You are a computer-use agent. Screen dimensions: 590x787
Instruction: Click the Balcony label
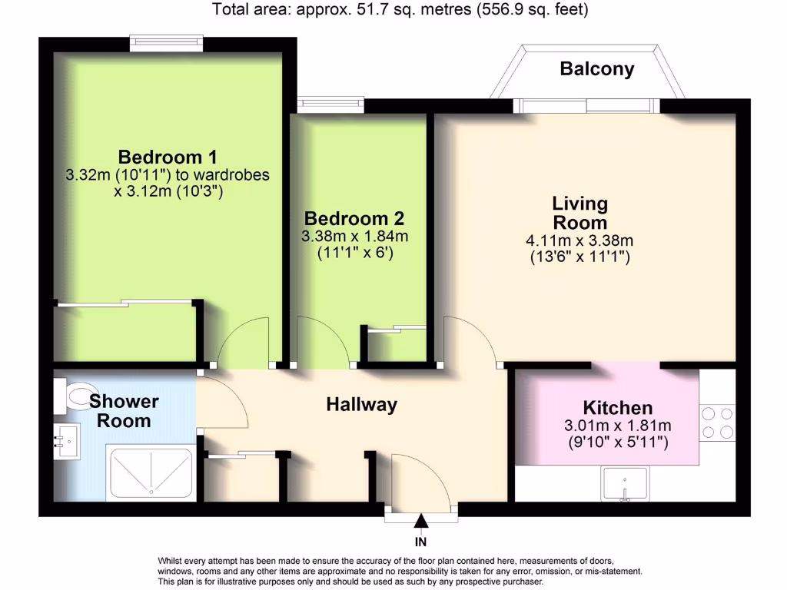597,69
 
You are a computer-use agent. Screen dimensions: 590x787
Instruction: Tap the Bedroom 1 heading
168,157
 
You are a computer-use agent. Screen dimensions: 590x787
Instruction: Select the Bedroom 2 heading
354,218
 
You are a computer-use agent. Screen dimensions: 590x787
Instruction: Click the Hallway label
361,404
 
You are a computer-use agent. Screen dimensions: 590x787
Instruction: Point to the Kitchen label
618,408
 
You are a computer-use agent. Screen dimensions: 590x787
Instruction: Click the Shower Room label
124,411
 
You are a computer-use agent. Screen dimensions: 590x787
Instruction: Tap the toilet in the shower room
75,396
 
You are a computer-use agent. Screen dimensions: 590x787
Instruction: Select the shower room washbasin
67,442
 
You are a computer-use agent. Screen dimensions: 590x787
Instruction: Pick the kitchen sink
626,484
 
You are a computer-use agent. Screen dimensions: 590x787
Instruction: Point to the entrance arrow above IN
421,522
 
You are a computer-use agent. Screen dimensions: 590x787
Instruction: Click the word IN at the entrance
421,542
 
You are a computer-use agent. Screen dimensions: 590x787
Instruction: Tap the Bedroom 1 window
166,43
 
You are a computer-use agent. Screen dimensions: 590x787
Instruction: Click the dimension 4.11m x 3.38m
579,240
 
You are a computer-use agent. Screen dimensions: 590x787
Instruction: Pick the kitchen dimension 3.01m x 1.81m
618,426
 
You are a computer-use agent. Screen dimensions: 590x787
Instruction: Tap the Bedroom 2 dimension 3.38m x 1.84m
354,236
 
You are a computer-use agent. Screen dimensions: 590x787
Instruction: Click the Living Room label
579,214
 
